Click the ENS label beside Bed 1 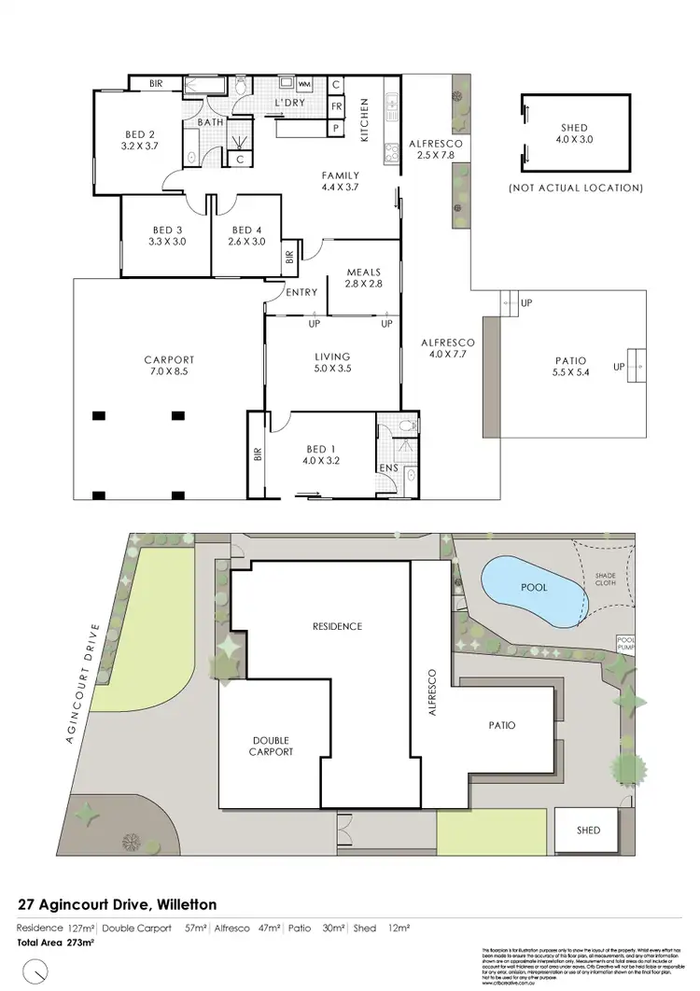coord(388,468)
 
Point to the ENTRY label coord(302,292)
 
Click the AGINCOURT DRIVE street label coord(81,683)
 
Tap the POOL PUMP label coord(624,643)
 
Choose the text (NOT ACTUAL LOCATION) coord(576,188)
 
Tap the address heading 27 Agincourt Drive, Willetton coord(118,904)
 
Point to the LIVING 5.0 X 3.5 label coord(332,362)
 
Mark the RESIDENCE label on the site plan coord(338,626)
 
